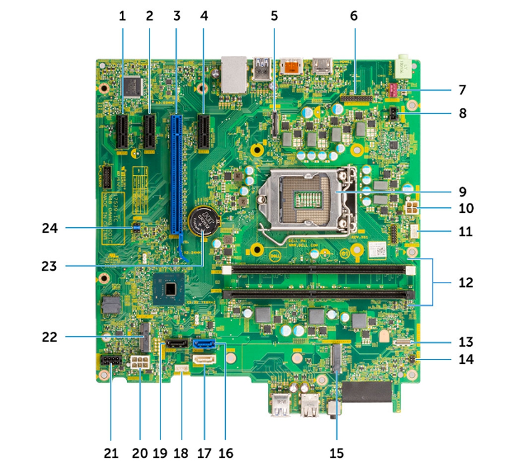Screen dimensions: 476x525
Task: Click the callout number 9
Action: click(x=462, y=192)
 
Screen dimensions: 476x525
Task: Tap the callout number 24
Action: click(x=50, y=228)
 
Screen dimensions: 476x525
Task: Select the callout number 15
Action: click(x=336, y=453)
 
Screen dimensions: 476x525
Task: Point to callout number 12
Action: click(x=466, y=283)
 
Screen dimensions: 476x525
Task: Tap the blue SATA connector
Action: click(x=204, y=343)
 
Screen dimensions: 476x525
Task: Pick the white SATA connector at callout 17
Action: click(x=204, y=361)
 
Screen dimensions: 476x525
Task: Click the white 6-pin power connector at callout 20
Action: click(x=141, y=363)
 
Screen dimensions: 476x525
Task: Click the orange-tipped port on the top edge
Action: click(x=291, y=66)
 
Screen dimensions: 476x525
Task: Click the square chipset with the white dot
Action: click(x=169, y=288)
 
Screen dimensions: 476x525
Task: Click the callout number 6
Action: click(x=354, y=16)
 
